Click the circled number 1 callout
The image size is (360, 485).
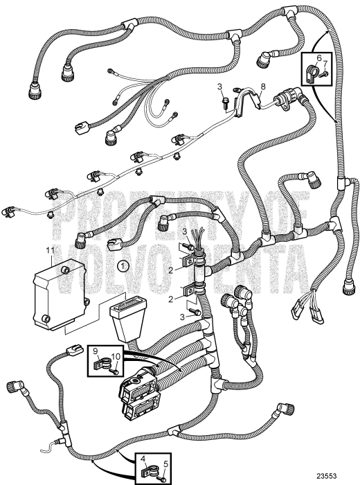(x=123, y=265)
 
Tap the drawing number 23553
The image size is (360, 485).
(x=326, y=476)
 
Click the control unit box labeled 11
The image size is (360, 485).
(x=60, y=294)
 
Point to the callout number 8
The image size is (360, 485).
(x=262, y=87)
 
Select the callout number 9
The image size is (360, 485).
(x=95, y=351)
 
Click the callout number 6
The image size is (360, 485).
(x=319, y=58)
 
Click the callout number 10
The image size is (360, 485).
(x=116, y=357)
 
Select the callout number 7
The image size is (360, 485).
(x=325, y=64)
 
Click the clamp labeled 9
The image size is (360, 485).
(x=102, y=362)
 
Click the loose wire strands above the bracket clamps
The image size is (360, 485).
(x=197, y=236)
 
